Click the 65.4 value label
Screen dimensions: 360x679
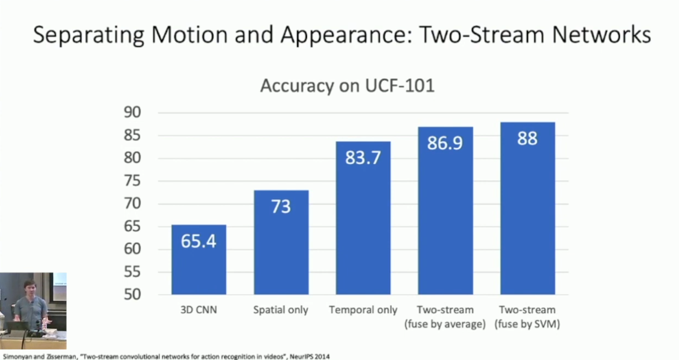[x=199, y=241]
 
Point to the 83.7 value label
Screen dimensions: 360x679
[x=363, y=158]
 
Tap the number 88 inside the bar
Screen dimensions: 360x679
[x=527, y=138]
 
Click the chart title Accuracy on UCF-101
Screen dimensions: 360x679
[x=347, y=86]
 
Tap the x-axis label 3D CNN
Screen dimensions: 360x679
[x=199, y=311]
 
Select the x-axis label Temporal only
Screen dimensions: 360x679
[x=363, y=311]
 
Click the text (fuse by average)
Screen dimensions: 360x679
[x=445, y=325]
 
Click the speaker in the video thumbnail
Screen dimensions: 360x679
[x=30, y=307]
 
